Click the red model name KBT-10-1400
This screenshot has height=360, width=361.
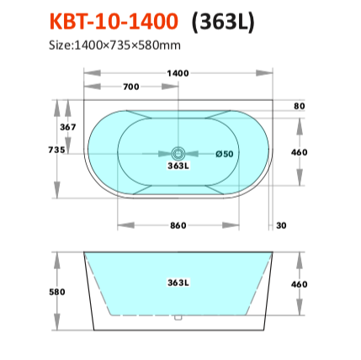coord(114,22)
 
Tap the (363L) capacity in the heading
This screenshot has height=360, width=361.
coord(223,22)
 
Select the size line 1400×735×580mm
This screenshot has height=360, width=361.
coord(114,45)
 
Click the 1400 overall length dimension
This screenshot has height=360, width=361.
coord(178,73)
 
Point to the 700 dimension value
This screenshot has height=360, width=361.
coord(131,87)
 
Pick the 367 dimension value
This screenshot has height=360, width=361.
coord(68,127)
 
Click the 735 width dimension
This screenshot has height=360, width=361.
coord(56,150)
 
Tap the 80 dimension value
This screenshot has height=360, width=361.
coord(300,106)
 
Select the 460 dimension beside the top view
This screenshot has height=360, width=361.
coord(300,152)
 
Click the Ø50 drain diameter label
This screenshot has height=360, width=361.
coord(225,154)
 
